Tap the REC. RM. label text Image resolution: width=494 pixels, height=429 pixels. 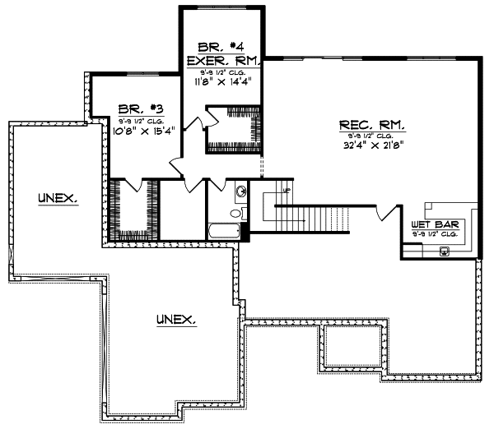[370, 125]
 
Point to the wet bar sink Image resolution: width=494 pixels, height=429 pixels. [445, 251]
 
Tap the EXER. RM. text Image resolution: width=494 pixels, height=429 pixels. [224, 60]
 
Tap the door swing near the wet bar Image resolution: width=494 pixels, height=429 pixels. [382, 213]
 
